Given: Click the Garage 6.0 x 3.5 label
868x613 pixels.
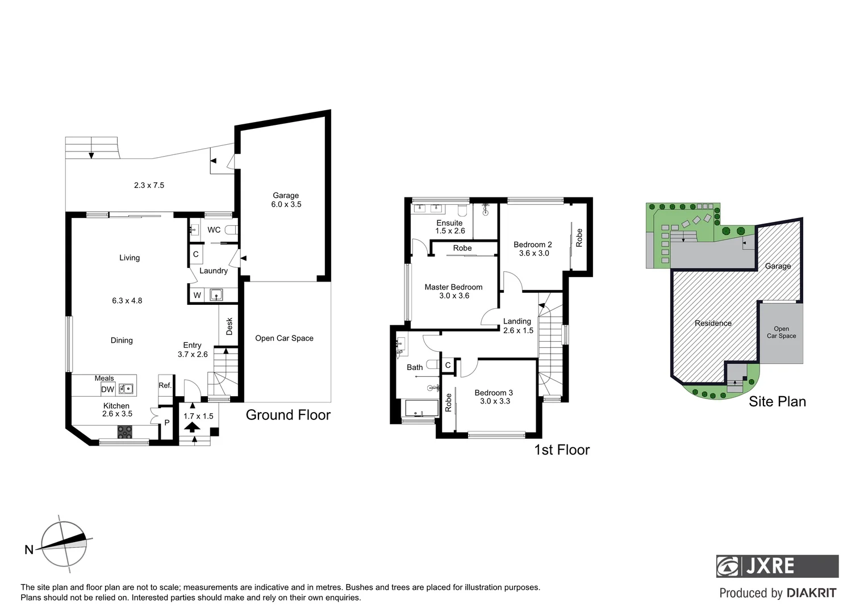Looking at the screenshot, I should click(286, 200).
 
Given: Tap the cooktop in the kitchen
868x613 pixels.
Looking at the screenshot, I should click(125, 431).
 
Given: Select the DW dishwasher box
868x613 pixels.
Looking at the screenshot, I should click(107, 389).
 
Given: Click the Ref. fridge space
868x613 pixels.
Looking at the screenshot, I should click(165, 385).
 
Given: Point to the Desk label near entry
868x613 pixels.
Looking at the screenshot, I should click(229, 326).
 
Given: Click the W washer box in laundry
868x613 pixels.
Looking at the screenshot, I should click(197, 295).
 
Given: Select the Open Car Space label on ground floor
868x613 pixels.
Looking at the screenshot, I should click(284, 338).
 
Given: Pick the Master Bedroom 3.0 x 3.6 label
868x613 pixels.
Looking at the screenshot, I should click(453, 291).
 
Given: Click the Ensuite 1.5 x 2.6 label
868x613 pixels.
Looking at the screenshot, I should click(450, 227).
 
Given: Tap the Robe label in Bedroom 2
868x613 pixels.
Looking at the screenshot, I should click(579, 237).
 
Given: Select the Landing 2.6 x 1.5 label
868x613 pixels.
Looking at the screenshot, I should click(518, 326).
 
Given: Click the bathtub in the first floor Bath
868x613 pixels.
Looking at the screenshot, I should click(420, 409).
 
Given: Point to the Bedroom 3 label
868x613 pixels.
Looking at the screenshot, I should click(493, 397).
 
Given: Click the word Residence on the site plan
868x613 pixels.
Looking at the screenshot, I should click(713, 323).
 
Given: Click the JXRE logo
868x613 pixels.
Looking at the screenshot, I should click(777, 566).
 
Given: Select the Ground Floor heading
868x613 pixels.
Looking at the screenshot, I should click(288, 415).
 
